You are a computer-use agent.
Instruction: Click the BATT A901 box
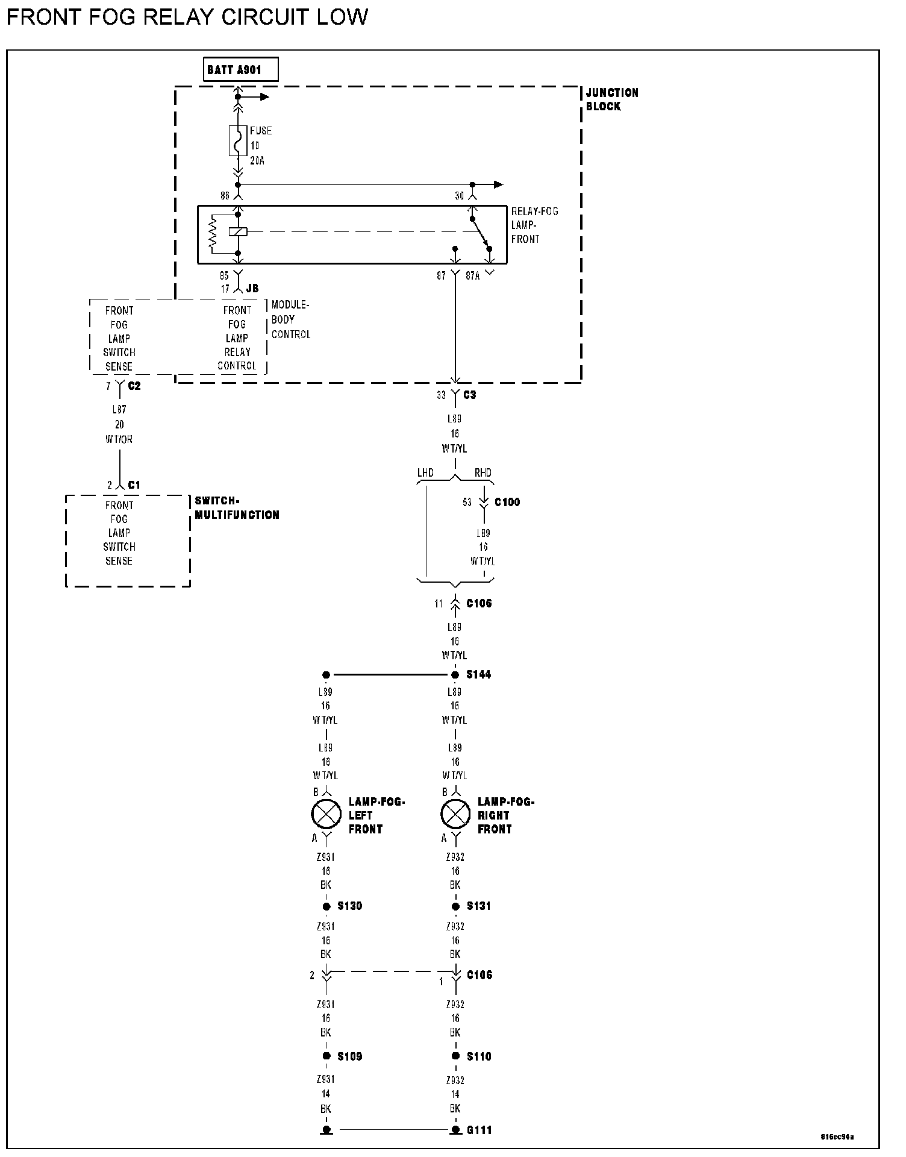click(x=241, y=70)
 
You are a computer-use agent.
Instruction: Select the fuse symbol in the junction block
click(x=238, y=141)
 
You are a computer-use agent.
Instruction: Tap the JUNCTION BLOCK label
click(x=611, y=99)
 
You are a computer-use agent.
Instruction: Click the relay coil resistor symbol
click(x=212, y=233)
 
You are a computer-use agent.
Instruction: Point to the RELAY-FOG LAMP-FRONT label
click(x=534, y=225)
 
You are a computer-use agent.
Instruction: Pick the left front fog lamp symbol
click(x=326, y=815)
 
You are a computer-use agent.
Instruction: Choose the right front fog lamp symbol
click(x=455, y=815)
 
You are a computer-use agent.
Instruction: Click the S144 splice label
click(x=478, y=675)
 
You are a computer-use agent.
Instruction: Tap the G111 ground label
click(x=479, y=1130)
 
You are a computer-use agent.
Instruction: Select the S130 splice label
click(x=349, y=906)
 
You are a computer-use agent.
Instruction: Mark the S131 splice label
click(x=478, y=906)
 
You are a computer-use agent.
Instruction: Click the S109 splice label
click(x=349, y=1056)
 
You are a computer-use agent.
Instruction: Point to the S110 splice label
click(x=478, y=1056)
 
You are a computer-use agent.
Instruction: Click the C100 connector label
click(x=507, y=502)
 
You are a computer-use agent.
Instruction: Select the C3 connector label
click(x=469, y=395)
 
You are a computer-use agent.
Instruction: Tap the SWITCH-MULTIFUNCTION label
click(x=237, y=508)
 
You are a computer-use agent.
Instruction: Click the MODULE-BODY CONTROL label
click(x=290, y=319)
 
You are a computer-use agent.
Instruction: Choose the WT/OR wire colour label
click(x=119, y=439)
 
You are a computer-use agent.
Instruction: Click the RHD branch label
click(x=483, y=473)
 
